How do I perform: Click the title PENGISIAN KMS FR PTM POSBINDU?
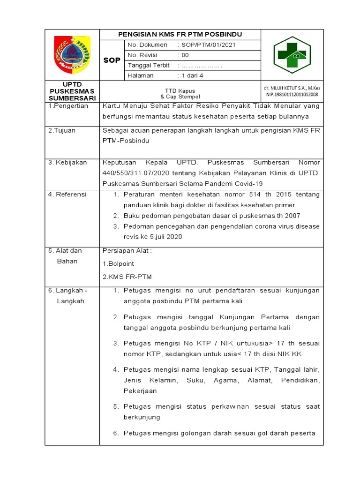coord(180,35)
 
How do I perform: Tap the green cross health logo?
coord(292,55)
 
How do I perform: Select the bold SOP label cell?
coord(112,60)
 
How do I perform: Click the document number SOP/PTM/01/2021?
coord(207,45)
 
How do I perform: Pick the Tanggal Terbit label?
coord(149,66)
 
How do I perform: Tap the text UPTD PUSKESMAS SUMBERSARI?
coord(72,91)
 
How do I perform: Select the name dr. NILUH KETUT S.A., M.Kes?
coord(292,88)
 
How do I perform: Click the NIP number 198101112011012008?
coord(292,94)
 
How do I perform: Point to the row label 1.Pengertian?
coord(68,106)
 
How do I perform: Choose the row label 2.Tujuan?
coord(62,131)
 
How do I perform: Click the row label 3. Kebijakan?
coord(67,163)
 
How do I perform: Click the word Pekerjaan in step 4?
coord(140,390)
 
